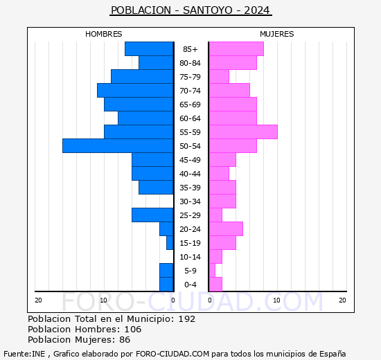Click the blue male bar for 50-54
pyautogui.click(x=118, y=145)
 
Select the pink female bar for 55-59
pyautogui.click(x=242, y=132)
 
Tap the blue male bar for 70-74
pyautogui.click(x=135, y=90)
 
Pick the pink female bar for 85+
pyautogui.click(x=236, y=48)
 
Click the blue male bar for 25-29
pyautogui.click(x=152, y=215)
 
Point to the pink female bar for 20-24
pyautogui.click(x=225, y=228)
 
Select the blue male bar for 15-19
pyautogui.click(x=170, y=242)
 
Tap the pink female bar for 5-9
pyautogui.click(x=212, y=270)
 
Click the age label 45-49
pyautogui.click(x=190, y=160)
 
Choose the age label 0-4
pyautogui.click(x=190, y=285)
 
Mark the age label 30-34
pyautogui.click(x=190, y=201)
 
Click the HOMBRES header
pyautogui.click(x=104, y=34)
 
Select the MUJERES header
pyautogui.click(x=276, y=34)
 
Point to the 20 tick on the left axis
pyautogui.click(x=39, y=300)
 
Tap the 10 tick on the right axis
pyautogui.click(x=276, y=300)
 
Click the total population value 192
pyautogui.click(x=186, y=319)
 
